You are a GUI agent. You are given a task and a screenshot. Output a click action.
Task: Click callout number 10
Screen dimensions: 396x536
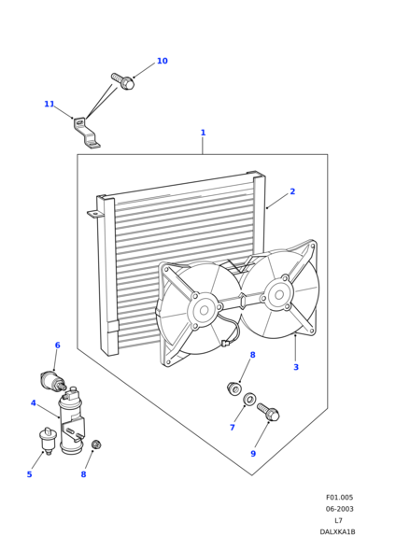(x=163, y=61)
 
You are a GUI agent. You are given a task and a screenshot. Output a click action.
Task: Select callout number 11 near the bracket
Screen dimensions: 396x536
(x=49, y=104)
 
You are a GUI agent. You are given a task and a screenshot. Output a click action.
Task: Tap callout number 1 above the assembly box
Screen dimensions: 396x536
(x=203, y=133)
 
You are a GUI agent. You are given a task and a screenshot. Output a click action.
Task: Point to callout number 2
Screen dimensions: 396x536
(x=292, y=191)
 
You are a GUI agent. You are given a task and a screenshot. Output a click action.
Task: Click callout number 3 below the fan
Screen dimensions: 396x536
(x=296, y=367)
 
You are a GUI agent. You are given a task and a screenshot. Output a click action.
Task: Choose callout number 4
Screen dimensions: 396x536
(x=34, y=403)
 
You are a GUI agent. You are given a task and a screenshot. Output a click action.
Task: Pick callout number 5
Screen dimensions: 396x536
(x=29, y=474)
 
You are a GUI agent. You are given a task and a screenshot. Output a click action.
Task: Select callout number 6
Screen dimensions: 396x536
(x=58, y=346)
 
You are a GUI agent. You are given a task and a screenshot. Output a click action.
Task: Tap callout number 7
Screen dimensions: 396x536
(x=233, y=428)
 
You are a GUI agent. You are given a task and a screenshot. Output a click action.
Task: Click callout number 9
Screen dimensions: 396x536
(x=253, y=454)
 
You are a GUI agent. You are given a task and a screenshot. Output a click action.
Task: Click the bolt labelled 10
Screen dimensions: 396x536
(x=122, y=81)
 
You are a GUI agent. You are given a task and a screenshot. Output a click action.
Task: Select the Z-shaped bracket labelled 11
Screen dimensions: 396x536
(x=86, y=133)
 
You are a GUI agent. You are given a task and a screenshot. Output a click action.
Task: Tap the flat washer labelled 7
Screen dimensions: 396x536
(x=249, y=398)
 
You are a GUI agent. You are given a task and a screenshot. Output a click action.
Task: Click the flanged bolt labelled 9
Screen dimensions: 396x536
(x=268, y=411)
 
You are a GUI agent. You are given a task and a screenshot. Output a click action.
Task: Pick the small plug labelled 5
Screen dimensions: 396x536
(x=46, y=441)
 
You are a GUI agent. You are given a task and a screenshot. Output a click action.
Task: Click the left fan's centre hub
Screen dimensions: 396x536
(x=205, y=310)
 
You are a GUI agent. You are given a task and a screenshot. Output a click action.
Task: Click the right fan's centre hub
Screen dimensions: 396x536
(x=279, y=295)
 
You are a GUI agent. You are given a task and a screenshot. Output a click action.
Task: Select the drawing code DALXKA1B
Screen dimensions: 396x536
(x=337, y=532)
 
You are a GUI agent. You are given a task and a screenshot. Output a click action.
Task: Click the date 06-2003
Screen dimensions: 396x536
(x=340, y=509)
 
